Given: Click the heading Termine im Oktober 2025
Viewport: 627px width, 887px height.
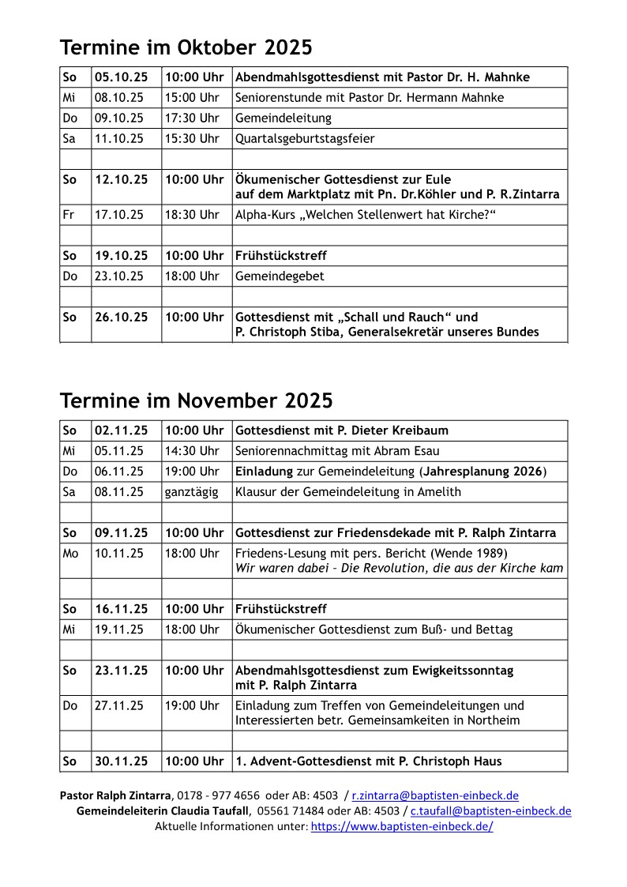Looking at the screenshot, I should [186, 48].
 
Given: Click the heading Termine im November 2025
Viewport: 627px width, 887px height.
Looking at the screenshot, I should [196, 400].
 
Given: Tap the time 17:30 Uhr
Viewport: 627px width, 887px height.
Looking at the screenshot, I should [192, 118].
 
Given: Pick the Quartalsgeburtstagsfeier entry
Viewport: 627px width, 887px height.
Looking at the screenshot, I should [305, 139].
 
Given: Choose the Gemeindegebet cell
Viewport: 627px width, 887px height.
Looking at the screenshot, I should [280, 276].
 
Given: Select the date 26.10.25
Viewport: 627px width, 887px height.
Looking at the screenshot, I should [121, 318].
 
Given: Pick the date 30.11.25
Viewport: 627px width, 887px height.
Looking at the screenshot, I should [121, 762].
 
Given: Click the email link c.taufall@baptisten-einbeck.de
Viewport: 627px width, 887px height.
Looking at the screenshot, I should [490, 811].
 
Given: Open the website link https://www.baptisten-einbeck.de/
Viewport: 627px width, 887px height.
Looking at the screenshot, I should [402, 826].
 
